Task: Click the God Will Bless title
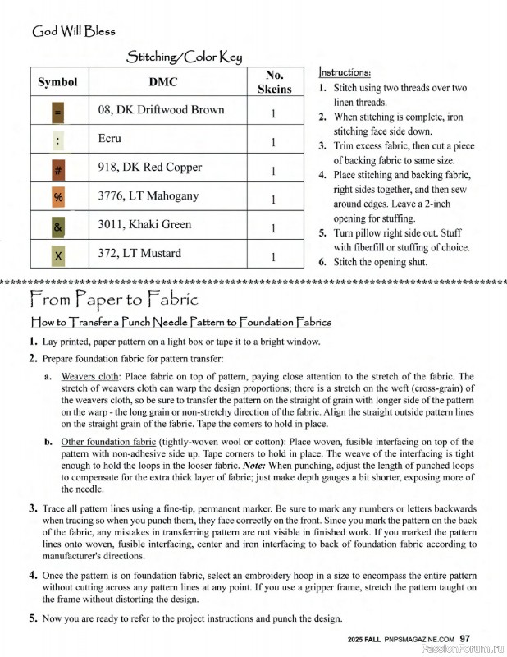pyautogui.click(x=73, y=32)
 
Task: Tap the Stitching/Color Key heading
pyautogui.click(x=183, y=57)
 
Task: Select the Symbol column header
pyautogui.click(x=57, y=82)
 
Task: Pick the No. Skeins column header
pyautogui.click(x=274, y=82)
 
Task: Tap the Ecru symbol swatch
pyautogui.click(x=58, y=140)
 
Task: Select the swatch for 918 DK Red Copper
pyautogui.click(x=58, y=172)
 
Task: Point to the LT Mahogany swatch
pyautogui.click(x=58, y=199)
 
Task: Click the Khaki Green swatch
pyautogui.click(x=58, y=227)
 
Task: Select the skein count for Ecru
pyautogui.click(x=273, y=142)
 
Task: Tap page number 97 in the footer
pyautogui.click(x=464, y=638)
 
